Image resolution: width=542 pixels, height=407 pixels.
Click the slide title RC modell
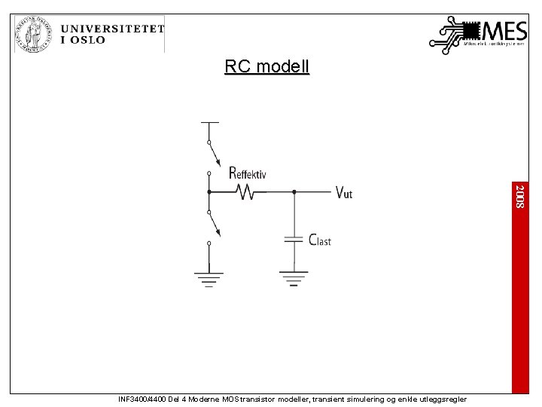click(x=266, y=67)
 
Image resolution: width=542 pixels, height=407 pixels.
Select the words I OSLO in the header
click(x=84, y=41)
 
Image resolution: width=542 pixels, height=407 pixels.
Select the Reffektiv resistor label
click(x=247, y=173)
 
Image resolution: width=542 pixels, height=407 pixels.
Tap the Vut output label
click(x=343, y=193)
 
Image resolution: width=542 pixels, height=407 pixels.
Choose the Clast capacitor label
click(x=320, y=240)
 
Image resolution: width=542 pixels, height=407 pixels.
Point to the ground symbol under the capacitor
click(x=294, y=278)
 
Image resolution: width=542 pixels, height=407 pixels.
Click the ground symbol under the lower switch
click(x=209, y=278)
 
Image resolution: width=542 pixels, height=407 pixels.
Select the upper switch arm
click(x=215, y=156)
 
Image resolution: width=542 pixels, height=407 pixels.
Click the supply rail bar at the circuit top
click(x=209, y=122)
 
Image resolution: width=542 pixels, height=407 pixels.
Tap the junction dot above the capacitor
click(x=294, y=192)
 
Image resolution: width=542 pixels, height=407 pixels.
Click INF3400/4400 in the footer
click(x=143, y=399)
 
